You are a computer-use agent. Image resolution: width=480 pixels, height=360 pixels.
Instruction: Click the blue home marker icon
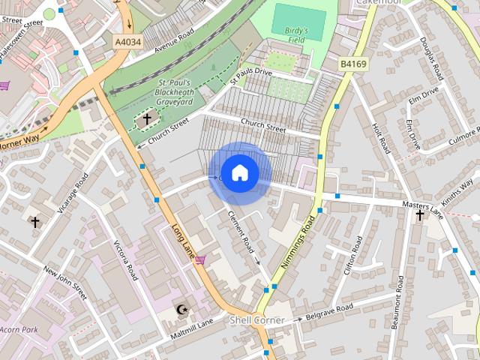239,173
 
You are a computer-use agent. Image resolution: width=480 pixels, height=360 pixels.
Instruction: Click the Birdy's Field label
297,35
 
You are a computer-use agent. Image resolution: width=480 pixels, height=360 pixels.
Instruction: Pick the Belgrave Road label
328,311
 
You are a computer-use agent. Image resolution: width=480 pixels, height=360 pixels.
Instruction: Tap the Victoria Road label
125,259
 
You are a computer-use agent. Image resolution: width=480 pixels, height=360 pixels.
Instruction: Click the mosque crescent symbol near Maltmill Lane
180,309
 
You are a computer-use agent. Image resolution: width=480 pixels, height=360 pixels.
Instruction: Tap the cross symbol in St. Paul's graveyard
147,118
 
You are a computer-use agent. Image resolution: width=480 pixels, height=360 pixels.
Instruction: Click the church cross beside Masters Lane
420,216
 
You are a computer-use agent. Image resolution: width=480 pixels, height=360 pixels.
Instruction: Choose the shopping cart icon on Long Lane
199,259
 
